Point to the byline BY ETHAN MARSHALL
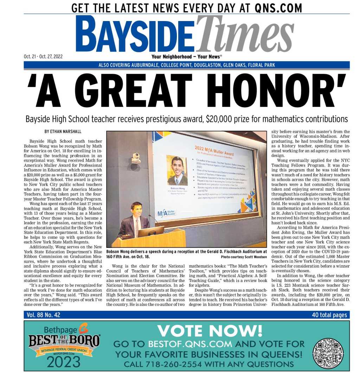[63, 132]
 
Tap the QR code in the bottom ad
[328, 353]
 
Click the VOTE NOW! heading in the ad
[210, 331]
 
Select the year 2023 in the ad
[64, 361]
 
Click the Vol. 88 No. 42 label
[44, 315]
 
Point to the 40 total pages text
[329, 315]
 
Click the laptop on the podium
[150, 232]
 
